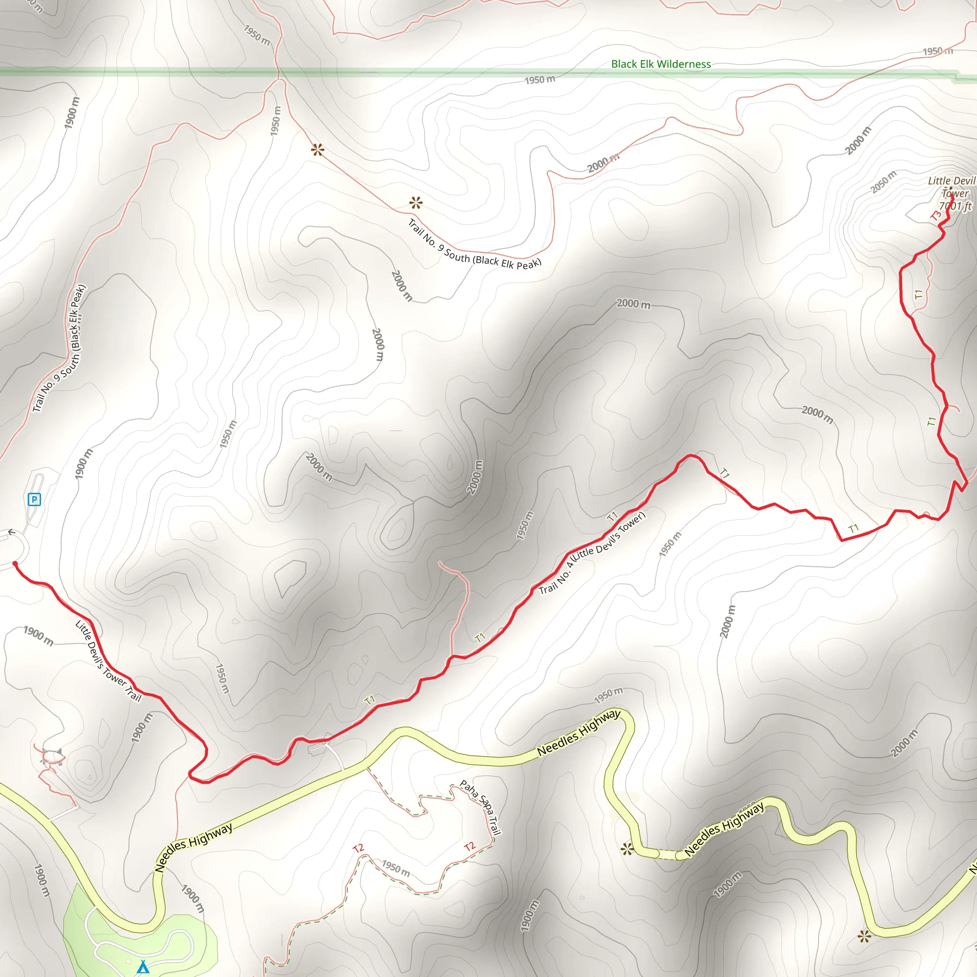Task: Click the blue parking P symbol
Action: point(34,499)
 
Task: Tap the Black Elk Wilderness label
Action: point(660,64)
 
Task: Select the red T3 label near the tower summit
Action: point(936,216)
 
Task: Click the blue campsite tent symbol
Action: point(143,967)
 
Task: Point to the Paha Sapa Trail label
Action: point(481,808)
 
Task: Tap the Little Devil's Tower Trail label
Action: point(108,661)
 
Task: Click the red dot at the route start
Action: point(15,564)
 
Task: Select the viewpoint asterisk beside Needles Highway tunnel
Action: point(627,849)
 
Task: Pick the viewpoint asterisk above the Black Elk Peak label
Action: point(416,203)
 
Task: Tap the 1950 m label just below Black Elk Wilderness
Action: point(540,80)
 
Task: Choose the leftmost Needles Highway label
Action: point(194,847)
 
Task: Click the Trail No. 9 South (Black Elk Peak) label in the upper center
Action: point(474,244)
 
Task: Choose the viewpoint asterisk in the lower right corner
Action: point(864,936)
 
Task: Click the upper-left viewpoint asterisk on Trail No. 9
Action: point(318,150)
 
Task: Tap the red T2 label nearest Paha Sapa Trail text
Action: point(469,847)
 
